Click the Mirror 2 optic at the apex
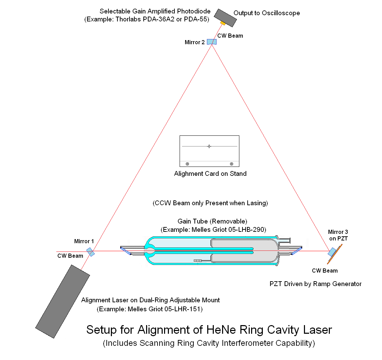(x=212, y=42)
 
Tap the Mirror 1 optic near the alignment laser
(x=90, y=252)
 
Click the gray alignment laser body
(x=63, y=301)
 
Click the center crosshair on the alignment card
(x=209, y=146)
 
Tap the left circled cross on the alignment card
(x=187, y=164)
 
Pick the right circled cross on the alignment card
(x=231, y=164)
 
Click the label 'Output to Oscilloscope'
(x=267, y=13)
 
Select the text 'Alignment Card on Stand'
(x=210, y=173)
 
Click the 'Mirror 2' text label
(x=195, y=42)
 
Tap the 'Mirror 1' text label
(x=84, y=241)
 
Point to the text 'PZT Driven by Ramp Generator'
(x=315, y=284)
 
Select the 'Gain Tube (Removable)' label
(x=212, y=221)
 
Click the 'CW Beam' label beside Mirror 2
(x=230, y=36)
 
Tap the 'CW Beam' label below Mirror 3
(x=325, y=271)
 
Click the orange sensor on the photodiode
(x=223, y=23)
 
